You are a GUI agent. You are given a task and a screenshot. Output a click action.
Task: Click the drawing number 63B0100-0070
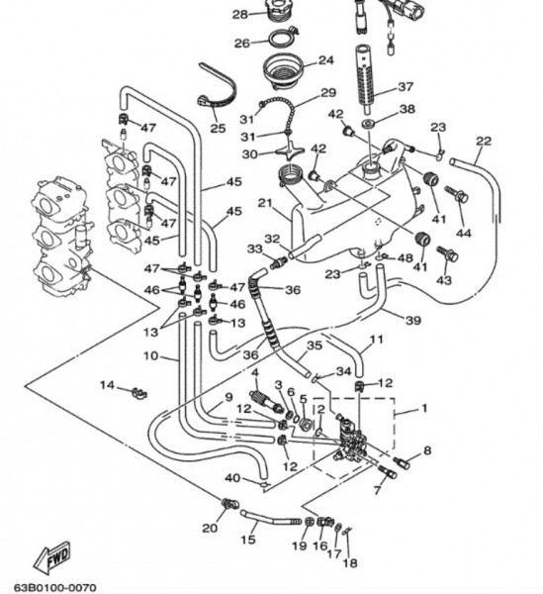(x=55, y=588)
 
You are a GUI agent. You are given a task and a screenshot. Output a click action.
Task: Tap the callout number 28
(x=240, y=15)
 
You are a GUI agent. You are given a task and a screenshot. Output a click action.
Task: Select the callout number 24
(x=325, y=60)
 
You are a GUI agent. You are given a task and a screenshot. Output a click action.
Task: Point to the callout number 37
(x=406, y=87)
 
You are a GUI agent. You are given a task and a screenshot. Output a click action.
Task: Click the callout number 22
(x=484, y=141)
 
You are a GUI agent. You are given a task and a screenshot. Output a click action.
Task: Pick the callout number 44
(x=464, y=233)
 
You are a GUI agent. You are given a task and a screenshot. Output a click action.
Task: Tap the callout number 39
(x=413, y=321)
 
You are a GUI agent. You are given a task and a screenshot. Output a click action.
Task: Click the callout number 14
(x=107, y=385)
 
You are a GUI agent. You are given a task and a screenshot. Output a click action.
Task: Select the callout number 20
(x=210, y=528)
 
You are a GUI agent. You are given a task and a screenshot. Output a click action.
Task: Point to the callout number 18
(x=350, y=563)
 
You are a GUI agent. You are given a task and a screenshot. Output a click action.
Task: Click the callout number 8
(x=427, y=450)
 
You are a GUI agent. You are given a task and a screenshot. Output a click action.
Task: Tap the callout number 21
(x=265, y=203)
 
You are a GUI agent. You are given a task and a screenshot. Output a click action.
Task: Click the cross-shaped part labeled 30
(x=290, y=150)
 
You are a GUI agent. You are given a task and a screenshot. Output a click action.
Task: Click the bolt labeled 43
(x=448, y=253)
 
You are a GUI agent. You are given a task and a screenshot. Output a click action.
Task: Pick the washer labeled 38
(x=367, y=124)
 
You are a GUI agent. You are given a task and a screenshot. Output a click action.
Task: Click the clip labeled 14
(x=139, y=393)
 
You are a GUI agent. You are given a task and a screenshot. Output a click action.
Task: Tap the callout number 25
(x=218, y=128)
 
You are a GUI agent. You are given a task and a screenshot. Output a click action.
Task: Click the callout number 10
(x=150, y=356)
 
